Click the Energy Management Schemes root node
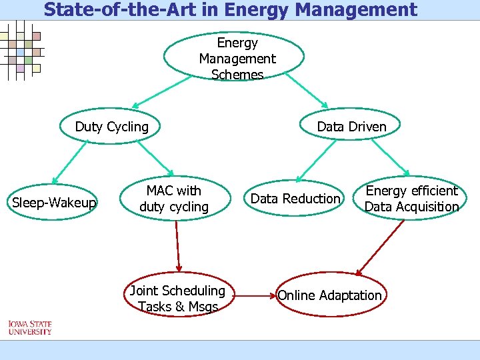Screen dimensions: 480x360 [237, 58]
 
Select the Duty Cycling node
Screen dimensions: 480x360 [112, 127]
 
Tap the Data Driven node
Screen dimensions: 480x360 [351, 127]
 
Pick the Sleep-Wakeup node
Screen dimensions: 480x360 [55, 202]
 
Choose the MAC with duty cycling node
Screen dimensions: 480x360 [174, 199]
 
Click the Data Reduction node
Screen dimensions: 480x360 [295, 199]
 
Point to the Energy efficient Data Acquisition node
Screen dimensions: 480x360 [411, 199]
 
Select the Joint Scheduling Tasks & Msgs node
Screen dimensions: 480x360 [178, 298]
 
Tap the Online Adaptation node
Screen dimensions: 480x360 [330, 295]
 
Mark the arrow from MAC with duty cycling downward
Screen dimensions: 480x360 [177, 246]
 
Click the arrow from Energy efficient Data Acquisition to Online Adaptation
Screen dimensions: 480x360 [381, 247]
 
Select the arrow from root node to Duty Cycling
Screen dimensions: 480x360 [160, 93]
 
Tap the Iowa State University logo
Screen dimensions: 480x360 [29, 327]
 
